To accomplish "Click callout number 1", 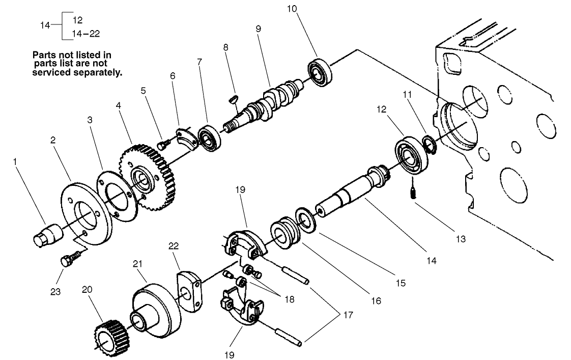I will pos(15,161).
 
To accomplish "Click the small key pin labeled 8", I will pos(235,98).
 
